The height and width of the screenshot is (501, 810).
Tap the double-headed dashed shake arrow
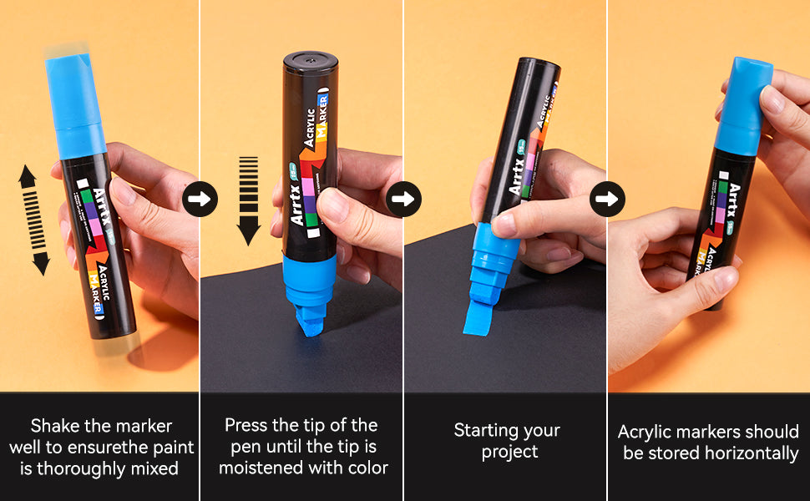tap(33, 220)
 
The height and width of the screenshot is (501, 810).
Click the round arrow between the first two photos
tap(200, 199)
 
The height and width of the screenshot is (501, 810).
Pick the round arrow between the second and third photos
tap(403, 199)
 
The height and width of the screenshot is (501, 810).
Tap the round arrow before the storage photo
tap(607, 199)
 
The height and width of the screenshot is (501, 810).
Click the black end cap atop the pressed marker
tap(311, 61)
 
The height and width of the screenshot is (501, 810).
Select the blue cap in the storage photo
tap(743, 106)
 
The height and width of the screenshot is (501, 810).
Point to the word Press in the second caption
tap(246, 425)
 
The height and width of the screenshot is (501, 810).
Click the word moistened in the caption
tap(261, 468)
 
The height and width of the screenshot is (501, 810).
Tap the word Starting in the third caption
tap(489, 431)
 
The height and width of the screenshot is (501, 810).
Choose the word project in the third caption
tap(509, 453)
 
